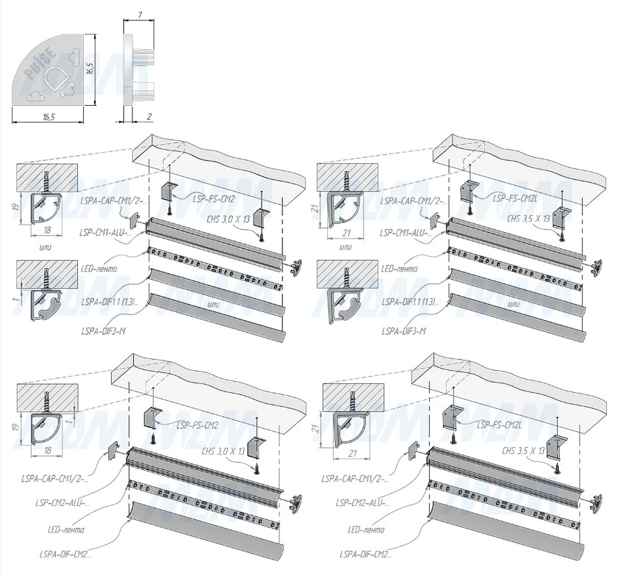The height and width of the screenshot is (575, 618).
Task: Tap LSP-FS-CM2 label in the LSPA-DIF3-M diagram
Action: [x=214, y=198]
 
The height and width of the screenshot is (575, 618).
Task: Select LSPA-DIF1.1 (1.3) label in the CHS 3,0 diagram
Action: [x=110, y=301]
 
